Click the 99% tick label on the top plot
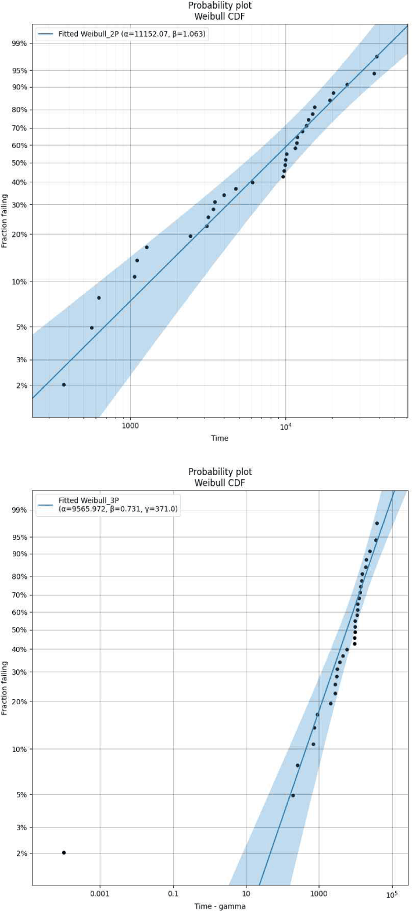pos(19,43)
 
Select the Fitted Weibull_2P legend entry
pos(121,34)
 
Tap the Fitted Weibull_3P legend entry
pos(108,505)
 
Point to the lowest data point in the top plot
pos(64,385)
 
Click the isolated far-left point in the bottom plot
pos(64,852)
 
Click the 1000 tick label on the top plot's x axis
pos(130,426)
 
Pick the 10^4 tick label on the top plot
pos(285,426)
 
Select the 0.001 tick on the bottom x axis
pos(100,894)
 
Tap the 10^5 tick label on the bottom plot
pos(392,894)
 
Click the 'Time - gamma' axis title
pos(220,906)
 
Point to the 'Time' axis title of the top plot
pos(220,438)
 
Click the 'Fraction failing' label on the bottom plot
pos(5,688)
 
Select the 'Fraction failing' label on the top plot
pos(5,221)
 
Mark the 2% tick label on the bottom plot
pos(22,854)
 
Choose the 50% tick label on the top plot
pos(19,163)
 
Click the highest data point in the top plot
pos(377,56)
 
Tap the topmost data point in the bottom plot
pos(377,523)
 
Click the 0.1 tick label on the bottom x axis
pos(173,894)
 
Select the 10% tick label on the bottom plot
pos(19,749)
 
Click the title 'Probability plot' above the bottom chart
pos(220,472)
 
